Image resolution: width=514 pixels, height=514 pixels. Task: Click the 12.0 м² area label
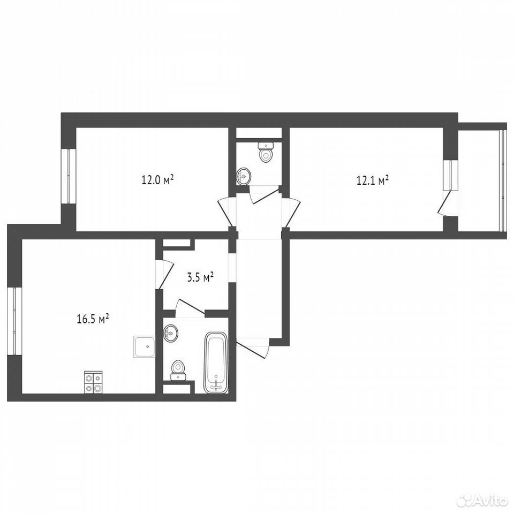pyautogui.click(x=157, y=180)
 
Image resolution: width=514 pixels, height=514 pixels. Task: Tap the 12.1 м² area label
pyautogui.click(x=373, y=180)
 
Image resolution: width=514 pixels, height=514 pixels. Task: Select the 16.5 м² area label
pyautogui.click(x=93, y=319)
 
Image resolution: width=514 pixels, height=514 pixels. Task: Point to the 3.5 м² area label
pyautogui.click(x=200, y=277)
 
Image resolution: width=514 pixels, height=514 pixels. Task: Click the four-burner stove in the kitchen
pyautogui.click(x=93, y=382)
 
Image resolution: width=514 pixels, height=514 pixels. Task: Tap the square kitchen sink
pyautogui.click(x=144, y=347)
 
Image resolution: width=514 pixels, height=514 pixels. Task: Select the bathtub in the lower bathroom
pyautogui.click(x=216, y=362)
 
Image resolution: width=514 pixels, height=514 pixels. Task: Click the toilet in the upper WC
pyautogui.click(x=266, y=153)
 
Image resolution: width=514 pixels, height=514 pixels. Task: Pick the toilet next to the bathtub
pyautogui.click(x=178, y=370)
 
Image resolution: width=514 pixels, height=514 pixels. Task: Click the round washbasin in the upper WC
pyautogui.click(x=243, y=176)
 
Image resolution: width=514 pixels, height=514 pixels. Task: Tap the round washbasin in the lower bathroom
pyautogui.click(x=170, y=334)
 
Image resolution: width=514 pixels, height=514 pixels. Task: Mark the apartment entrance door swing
pyautogui.click(x=253, y=348)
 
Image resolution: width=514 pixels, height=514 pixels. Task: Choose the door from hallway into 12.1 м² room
pyautogui.click(x=291, y=212)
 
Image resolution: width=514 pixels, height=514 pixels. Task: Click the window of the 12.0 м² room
pyautogui.click(x=69, y=176)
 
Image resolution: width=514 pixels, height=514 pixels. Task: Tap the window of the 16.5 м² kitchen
pyautogui.click(x=14, y=321)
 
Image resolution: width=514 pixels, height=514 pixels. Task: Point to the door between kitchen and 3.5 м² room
pyautogui.click(x=164, y=274)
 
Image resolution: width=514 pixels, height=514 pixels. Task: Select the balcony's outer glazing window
pyautogui.click(x=503, y=182)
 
